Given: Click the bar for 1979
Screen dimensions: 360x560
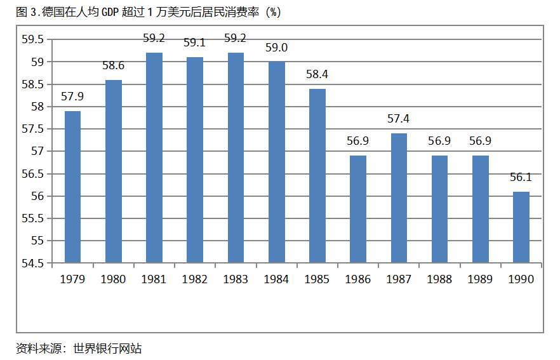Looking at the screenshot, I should coord(72,187).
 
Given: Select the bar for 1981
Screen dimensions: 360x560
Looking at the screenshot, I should coord(154,157).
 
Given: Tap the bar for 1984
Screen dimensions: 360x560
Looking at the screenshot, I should coord(277,162).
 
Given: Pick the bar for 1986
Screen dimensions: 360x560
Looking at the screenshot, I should coord(358,209).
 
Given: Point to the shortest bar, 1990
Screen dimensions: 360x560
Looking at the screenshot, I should coord(521,227).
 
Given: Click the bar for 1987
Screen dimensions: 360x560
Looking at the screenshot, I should coord(399,197).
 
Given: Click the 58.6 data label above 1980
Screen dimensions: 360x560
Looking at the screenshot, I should coord(113,65).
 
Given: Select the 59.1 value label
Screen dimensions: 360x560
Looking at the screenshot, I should coord(194,43).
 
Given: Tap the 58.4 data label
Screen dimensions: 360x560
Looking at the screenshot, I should coord(317,74).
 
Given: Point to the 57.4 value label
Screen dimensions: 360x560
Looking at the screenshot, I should coord(399,119).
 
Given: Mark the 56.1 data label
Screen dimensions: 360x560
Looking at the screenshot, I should coord(521,177).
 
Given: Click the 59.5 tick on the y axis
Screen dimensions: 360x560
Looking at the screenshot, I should coord(32,39).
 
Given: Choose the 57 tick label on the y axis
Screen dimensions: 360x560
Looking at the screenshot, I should coord(37,151).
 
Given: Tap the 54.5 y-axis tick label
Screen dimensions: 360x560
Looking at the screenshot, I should coord(32,263).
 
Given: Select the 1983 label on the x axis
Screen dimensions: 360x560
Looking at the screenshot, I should coord(236,279).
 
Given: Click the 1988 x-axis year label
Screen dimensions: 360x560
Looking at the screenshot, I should coord(439,279).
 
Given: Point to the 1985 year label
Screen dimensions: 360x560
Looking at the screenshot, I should coord(317,279).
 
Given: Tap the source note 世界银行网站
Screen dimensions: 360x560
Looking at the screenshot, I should coord(107,348).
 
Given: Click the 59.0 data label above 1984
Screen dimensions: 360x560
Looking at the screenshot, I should coord(277,48).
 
